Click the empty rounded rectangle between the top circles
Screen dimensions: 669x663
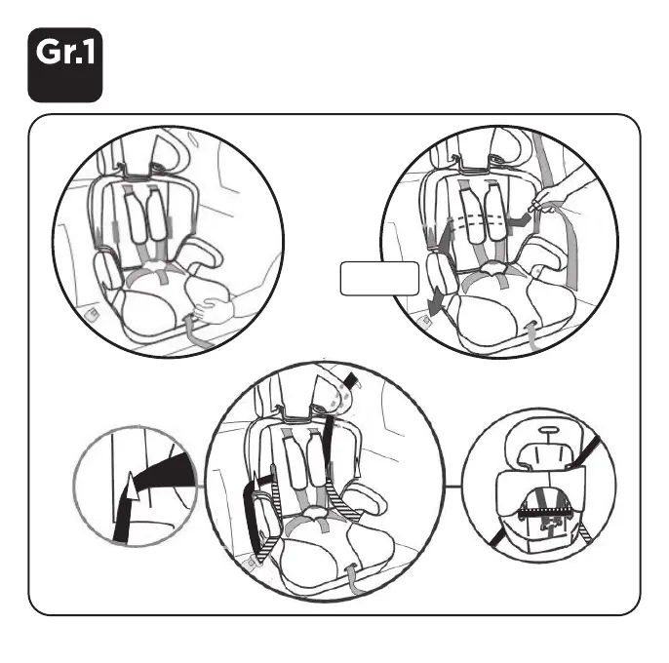pyautogui.click(x=379, y=278)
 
